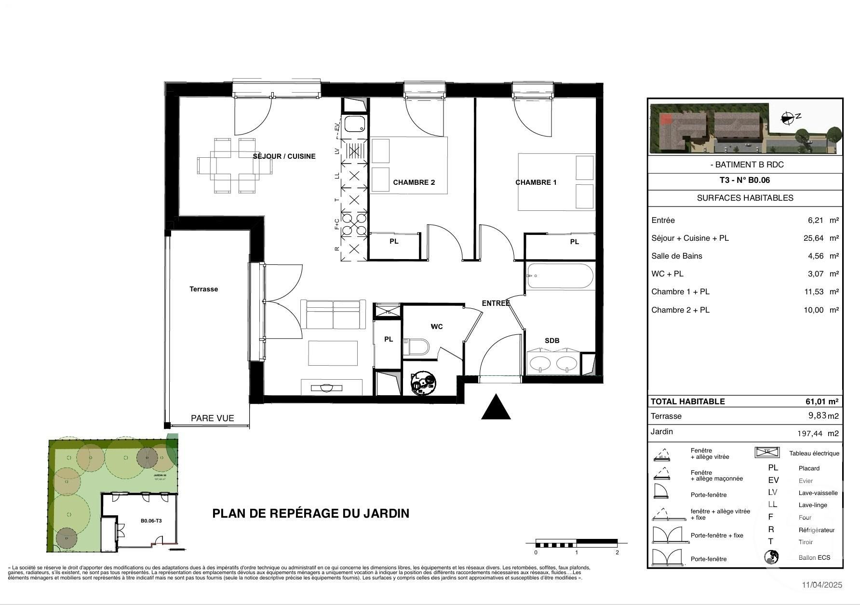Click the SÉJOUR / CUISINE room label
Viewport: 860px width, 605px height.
tap(284, 156)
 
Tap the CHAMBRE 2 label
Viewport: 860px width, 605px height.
tap(414, 182)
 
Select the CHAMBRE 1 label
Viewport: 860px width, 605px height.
tap(536, 182)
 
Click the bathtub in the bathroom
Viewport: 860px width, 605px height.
tap(560, 276)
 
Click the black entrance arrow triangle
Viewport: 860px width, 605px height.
tap(496, 408)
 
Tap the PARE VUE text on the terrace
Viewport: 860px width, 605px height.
tap(212, 418)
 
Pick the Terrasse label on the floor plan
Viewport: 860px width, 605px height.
tap(203, 289)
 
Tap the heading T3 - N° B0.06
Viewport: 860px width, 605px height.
tap(745, 180)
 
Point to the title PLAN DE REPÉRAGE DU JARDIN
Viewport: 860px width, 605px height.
tap(310, 513)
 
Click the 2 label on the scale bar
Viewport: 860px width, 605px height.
tap(617, 552)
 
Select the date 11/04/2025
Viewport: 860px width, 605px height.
tap(822, 585)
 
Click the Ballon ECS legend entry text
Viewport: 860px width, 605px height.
tap(814, 557)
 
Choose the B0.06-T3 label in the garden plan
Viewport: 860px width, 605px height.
tap(151, 521)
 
